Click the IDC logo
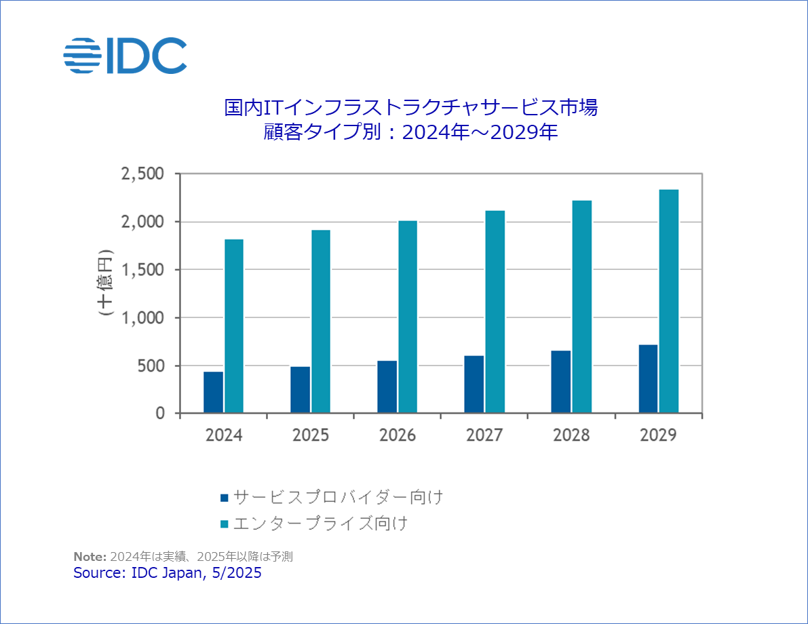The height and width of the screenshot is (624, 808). coord(125,55)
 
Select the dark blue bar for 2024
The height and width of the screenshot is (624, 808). coord(213,392)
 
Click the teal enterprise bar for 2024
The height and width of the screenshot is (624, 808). coord(234,326)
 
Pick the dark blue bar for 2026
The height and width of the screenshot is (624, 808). coord(387,387)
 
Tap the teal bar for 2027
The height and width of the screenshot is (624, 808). coord(495,311)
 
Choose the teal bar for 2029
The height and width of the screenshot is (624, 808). coord(669,301)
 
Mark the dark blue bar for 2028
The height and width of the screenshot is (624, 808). coord(560,382)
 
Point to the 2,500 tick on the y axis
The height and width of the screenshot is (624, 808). coord(142,174)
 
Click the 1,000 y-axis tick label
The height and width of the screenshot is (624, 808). coord(142,317)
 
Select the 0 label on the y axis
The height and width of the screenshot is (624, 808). coord(160,413)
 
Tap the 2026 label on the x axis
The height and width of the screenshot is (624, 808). coord(398,435)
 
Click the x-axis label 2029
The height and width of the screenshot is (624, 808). coord(658,435)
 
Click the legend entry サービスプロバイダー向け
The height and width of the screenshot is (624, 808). coord(338,497)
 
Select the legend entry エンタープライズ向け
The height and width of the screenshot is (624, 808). coord(320,524)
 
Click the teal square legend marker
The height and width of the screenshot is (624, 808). coord(224,524)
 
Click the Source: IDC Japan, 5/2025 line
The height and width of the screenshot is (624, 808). coord(167,573)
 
